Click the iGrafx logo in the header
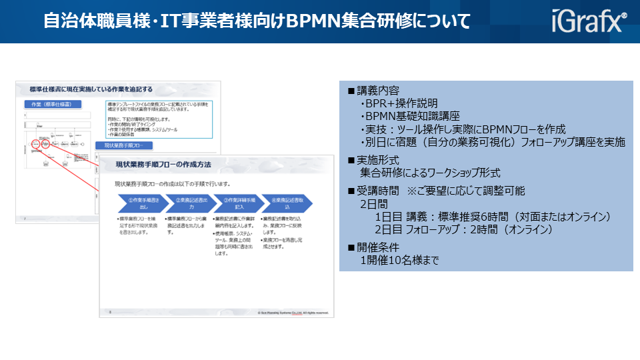click(589, 21)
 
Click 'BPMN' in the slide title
click(313, 21)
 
